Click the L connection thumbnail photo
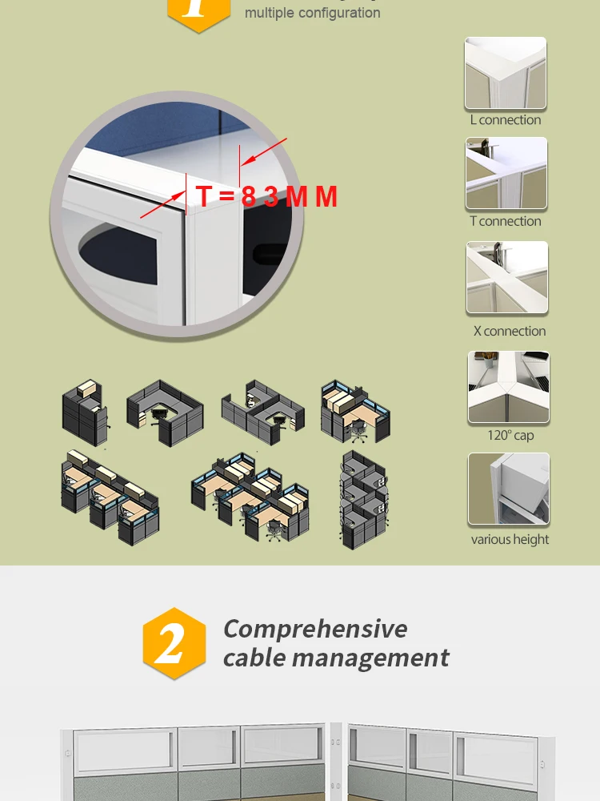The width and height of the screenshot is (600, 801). click(x=506, y=73)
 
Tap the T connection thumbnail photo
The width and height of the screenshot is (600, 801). click(x=506, y=173)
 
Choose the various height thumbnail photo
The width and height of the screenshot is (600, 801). click(x=509, y=489)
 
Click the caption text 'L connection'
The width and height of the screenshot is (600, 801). click(x=506, y=120)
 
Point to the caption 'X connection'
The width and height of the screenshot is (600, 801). click(x=510, y=331)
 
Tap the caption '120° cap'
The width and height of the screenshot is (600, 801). click(x=510, y=436)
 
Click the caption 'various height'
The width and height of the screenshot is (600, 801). click(x=510, y=539)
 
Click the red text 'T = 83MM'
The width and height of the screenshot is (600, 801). click(x=266, y=196)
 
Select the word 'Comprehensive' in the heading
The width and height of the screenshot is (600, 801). click(x=315, y=629)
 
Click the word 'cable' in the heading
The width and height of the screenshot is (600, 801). click(x=254, y=658)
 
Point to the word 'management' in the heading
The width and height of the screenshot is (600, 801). click(x=373, y=658)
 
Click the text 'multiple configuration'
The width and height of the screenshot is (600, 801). click(x=312, y=13)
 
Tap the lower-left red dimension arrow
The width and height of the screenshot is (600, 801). click(x=160, y=205)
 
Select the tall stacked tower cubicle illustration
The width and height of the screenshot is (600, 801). click(x=364, y=501)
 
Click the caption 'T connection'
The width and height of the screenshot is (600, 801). click(x=506, y=221)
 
